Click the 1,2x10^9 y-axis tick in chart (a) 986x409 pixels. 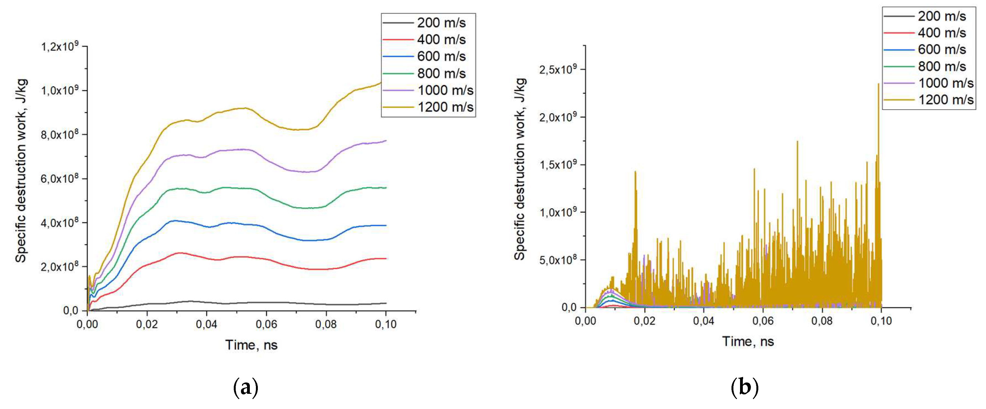click(59, 47)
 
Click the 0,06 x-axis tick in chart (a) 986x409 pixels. click(266, 324)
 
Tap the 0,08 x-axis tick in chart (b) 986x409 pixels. click(822, 320)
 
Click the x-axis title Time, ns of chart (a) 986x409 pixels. click(251, 345)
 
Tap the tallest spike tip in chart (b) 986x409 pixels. click(878, 84)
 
